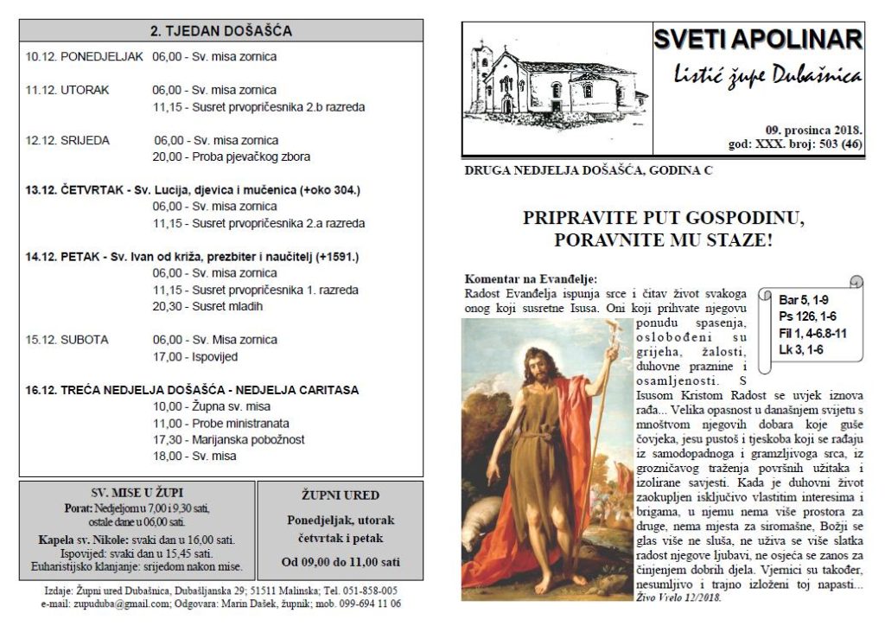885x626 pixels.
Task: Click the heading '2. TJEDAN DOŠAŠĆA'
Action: click(221, 31)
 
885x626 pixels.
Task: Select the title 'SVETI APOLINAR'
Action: click(758, 40)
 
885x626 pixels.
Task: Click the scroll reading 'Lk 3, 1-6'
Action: click(801, 350)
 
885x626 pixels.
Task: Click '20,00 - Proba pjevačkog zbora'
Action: click(232, 157)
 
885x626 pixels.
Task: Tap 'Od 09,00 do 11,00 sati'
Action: click(340, 561)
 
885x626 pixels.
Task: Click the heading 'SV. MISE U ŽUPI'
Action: click(137, 493)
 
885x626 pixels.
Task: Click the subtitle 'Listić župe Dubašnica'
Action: click(767, 76)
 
